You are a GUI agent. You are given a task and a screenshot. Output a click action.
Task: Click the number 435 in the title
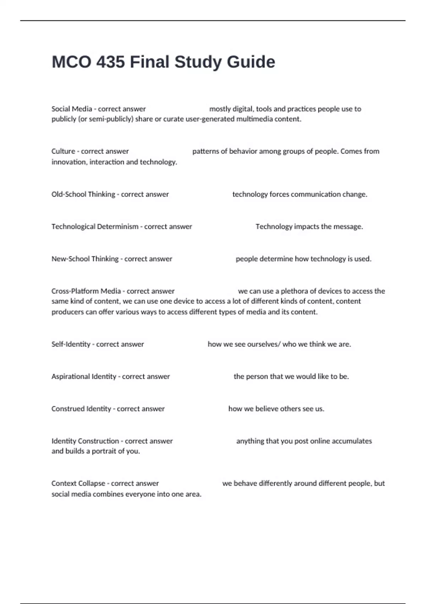click(110, 62)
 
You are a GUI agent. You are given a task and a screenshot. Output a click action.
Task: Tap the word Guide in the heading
click(251, 62)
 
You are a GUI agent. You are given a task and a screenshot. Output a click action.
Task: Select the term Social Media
click(72, 109)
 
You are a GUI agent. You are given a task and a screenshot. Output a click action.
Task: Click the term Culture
click(63, 151)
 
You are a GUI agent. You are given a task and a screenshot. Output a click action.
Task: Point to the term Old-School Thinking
click(83, 194)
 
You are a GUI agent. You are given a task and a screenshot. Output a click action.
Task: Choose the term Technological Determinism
click(95, 226)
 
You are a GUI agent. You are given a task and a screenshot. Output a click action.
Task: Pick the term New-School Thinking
click(85, 259)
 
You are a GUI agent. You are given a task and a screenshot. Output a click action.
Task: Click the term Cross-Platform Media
click(86, 291)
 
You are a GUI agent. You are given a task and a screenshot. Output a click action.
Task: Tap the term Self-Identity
click(71, 344)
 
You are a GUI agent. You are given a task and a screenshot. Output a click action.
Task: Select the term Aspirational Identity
click(84, 376)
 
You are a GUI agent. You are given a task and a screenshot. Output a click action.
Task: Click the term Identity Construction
click(85, 441)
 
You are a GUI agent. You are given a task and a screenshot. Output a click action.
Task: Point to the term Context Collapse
click(78, 483)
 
